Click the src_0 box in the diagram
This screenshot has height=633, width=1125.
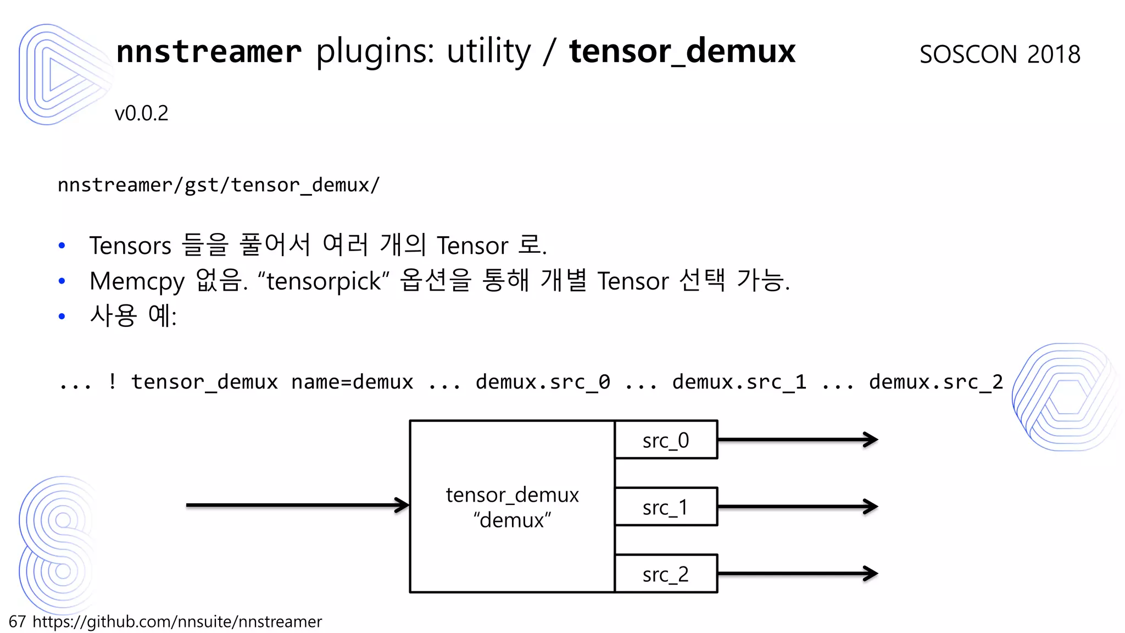coord(666,440)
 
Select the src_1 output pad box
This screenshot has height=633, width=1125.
coord(666,507)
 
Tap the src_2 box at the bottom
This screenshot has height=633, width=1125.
coord(666,574)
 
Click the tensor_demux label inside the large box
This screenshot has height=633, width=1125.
coord(512,495)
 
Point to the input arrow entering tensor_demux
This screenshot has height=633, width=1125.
coord(297,504)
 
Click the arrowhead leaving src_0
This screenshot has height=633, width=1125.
coord(871,440)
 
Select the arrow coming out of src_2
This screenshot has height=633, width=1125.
coord(797,574)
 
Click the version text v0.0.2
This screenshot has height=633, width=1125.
coord(141,113)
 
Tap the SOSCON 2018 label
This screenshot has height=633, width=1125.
coord(1000,54)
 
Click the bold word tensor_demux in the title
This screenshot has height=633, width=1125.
coord(682,51)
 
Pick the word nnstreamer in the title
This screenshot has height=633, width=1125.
coord(209,51)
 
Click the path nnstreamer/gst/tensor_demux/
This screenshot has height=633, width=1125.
coord(219,185)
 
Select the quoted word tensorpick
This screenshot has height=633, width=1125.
coord(324,281)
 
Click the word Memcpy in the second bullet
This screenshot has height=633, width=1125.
coord(137,281)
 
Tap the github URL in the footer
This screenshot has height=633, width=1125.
coord(177,621)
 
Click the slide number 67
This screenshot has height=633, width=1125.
coord(17,621)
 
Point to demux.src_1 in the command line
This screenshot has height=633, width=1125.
coord(739,382)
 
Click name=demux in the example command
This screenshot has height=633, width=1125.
coord(352,382)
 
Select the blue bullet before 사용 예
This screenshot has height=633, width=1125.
coord(62,316)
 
